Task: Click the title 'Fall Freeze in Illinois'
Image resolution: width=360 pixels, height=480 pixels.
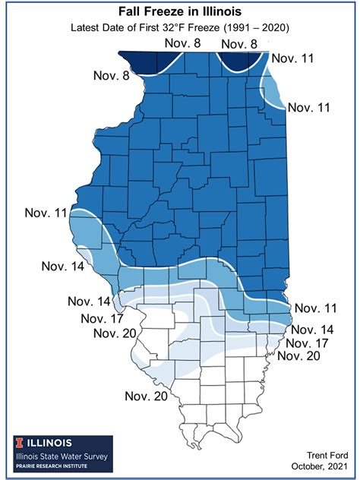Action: [x=180, y=12]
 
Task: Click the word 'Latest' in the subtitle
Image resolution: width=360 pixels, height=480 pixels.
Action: [x=88, y=28]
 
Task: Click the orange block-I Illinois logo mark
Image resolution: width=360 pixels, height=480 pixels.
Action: [x=17, y=443]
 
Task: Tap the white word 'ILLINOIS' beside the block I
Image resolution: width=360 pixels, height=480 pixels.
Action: [x=50, y=443]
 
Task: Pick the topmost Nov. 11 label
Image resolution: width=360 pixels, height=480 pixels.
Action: [x=293, y=58]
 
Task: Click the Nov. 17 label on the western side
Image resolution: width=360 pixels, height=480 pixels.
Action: [x=103, y=318]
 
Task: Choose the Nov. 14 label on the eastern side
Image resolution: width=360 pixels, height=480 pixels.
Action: [x=313, y=330]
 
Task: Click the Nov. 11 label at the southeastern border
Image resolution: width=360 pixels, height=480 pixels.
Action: [x=317, y=308]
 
